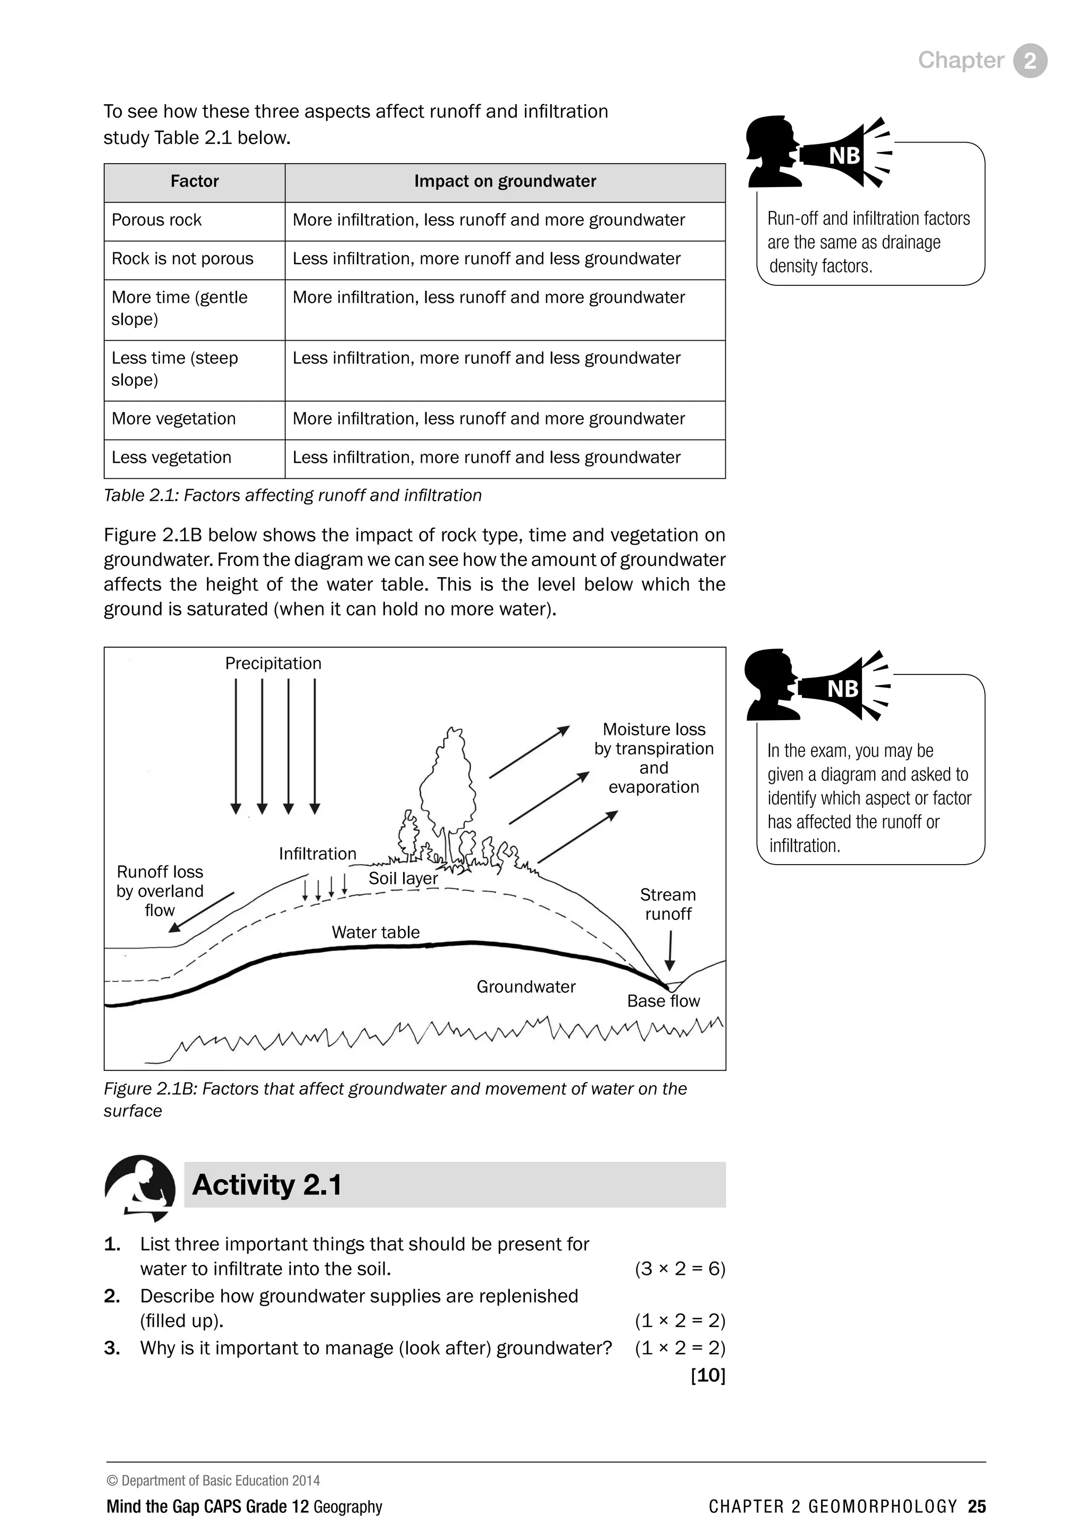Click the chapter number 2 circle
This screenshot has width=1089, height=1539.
pyautogui.click(x=1030, y=61)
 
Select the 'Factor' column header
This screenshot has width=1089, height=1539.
pyautogui.click(x=195, y=182)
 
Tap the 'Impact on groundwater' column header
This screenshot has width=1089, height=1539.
pyautogui.click(x=505, y=182)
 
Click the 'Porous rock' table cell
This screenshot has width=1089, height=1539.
pyautogui.click(x=157, y=221)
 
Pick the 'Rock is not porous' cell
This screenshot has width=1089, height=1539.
pyautogui.click(x=182, y=259)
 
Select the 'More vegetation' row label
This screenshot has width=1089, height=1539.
pyautogui.click(x=174, y=419)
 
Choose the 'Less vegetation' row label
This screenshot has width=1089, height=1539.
pyautogui.click(x=171, y=458)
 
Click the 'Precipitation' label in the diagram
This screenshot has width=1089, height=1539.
pyautogui.click(x=273, y=664)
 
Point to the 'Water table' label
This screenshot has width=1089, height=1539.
pyautogui.click(x=375, y=933)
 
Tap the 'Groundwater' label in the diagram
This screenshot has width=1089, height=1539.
pyautogui.click(x=526, y=987)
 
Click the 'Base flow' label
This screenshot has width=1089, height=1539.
pyautogui.click(x=663, y=1001)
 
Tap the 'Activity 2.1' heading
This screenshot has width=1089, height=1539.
pyautogui.click(x=267, y=1185)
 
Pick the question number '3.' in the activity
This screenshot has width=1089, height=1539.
pyautogui.click(x=112, y=1348)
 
